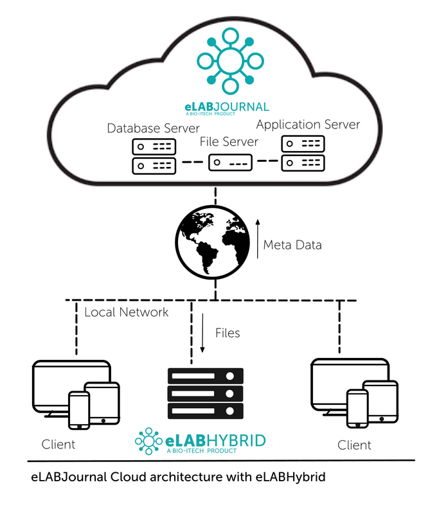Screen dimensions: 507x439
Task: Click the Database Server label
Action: [153, 128]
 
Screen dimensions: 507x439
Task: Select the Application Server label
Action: [308, 124]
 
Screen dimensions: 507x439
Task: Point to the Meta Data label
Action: [293, 244]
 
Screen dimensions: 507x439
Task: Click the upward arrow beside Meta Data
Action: [258, 238]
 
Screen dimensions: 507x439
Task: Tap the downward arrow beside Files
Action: [202, 333]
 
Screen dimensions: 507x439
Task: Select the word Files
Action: [228, 332]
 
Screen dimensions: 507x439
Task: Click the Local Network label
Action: [127, 312]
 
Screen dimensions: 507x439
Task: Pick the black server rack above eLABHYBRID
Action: [205, 393]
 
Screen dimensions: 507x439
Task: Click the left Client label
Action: [58, 444]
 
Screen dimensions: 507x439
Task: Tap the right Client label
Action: [355, 445]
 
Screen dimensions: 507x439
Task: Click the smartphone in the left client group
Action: [79, 410]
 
